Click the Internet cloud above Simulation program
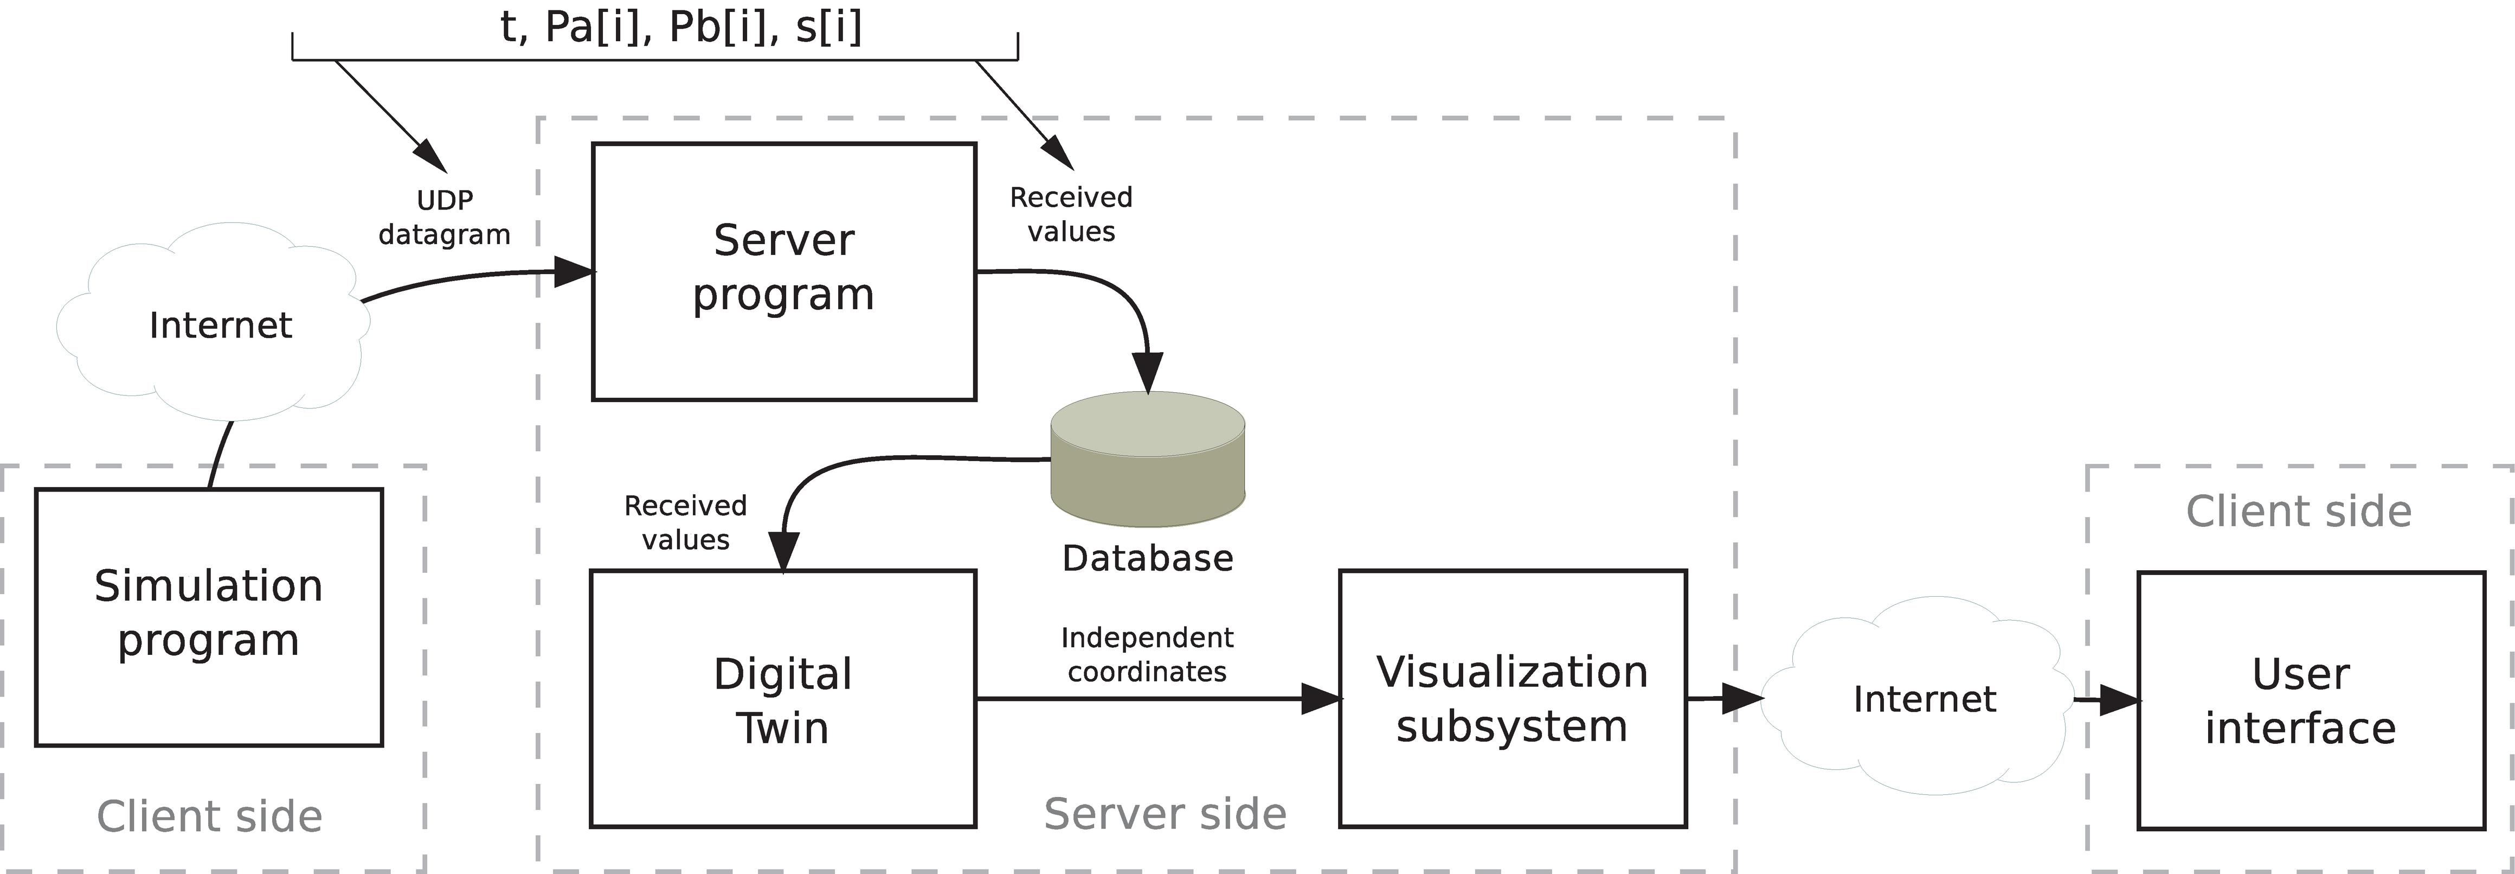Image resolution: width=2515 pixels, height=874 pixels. point(220,324)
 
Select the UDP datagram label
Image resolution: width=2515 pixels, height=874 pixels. point(444,217)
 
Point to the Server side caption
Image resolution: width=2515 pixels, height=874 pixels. point(1165,813)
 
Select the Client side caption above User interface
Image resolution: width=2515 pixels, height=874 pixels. point(2298,511)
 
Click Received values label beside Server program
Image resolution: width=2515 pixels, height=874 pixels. point(1071,214)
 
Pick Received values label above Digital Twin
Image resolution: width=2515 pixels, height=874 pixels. point(685,522)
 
